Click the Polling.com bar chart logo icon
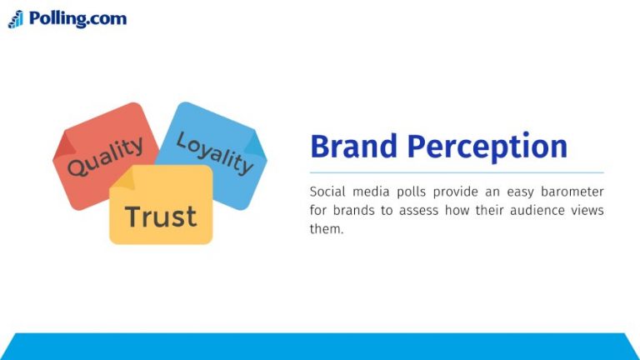[16, 19]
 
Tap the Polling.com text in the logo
[77, 18]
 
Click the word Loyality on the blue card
[215, 152]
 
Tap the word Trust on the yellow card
[161, 217]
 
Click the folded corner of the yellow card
[123, 177]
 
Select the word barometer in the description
[571, 191]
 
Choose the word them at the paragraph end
[325, 229]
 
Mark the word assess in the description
[417, 210]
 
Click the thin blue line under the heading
[457, 172]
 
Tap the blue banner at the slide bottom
[320, 347]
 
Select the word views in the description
[588, 210]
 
